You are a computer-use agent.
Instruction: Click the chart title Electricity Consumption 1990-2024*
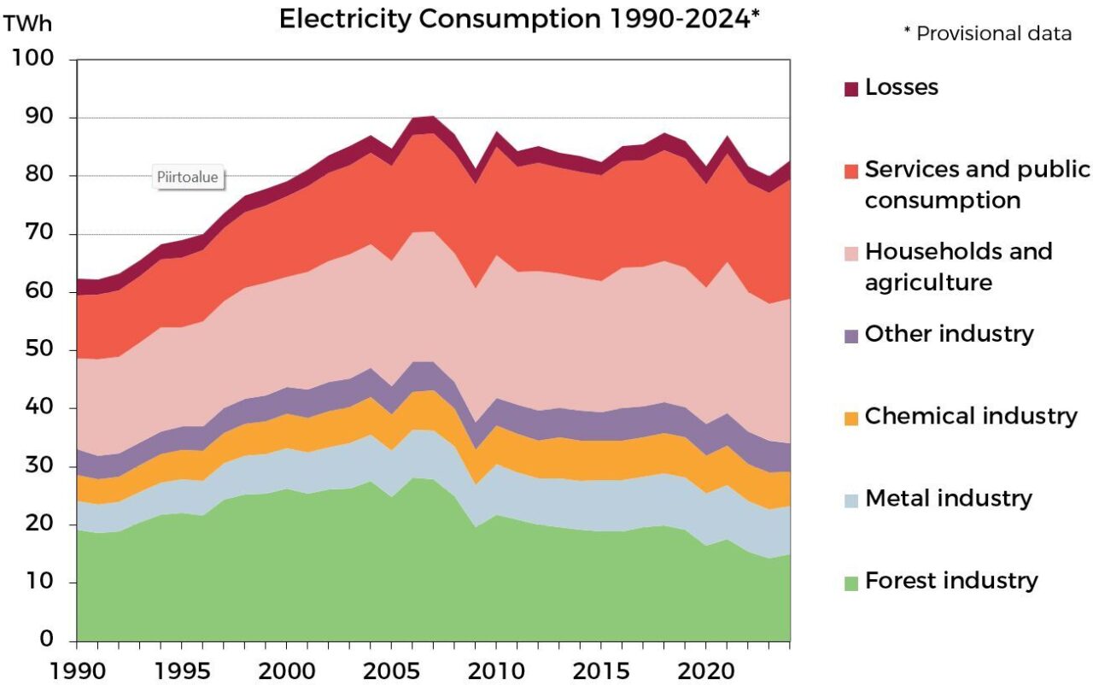(519, 20)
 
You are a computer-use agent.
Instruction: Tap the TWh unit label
(28, 24)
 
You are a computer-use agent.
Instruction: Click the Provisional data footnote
(987, 34)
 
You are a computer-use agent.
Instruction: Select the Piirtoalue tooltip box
(188, 178)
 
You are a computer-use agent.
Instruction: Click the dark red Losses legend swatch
(850, 88)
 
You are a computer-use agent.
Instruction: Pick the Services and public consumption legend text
(977, 184)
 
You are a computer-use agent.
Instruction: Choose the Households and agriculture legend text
(958, 266)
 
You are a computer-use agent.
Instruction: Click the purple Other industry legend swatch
(850, 336)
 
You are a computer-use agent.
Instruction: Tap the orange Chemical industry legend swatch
(850, 418)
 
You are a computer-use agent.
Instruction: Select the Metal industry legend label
(948, 499)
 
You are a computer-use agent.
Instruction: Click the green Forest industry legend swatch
(850, 583)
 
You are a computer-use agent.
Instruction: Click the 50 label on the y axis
(38, 350)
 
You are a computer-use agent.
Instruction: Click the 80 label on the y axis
(38, 175)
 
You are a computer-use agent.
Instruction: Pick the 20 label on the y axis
(38, 524)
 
